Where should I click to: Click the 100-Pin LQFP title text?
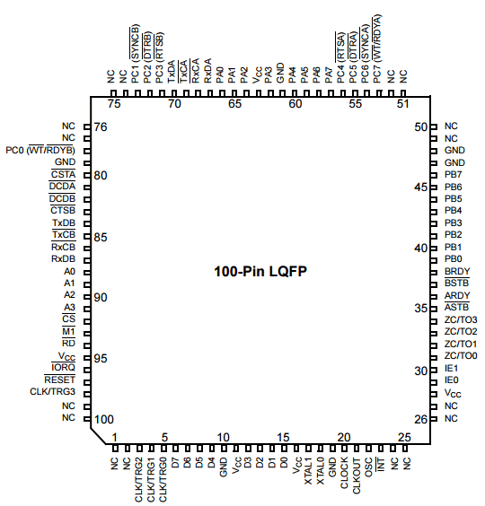point(260,272)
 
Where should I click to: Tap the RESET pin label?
point(60,379)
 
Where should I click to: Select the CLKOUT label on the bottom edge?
point(357,475)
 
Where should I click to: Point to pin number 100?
point(103,419)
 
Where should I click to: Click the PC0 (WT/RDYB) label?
point(40,151)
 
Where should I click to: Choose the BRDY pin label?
point(457,271)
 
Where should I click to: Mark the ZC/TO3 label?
point(461,319)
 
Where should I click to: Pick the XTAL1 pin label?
point(308,471)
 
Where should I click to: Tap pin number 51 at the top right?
point(402,104)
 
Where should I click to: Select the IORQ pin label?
point(63,367)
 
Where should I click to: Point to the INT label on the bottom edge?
point(381,464)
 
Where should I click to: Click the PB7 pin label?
point(453,174)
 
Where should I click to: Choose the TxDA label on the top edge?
point(172,72)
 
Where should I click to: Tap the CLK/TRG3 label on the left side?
point(52,391)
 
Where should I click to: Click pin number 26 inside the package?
point(420,419)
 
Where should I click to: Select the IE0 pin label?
point(451,379)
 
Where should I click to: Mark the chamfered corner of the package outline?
point(98,436)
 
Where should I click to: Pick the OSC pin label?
point(368,467)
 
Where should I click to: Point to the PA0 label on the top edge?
point(220,74)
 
